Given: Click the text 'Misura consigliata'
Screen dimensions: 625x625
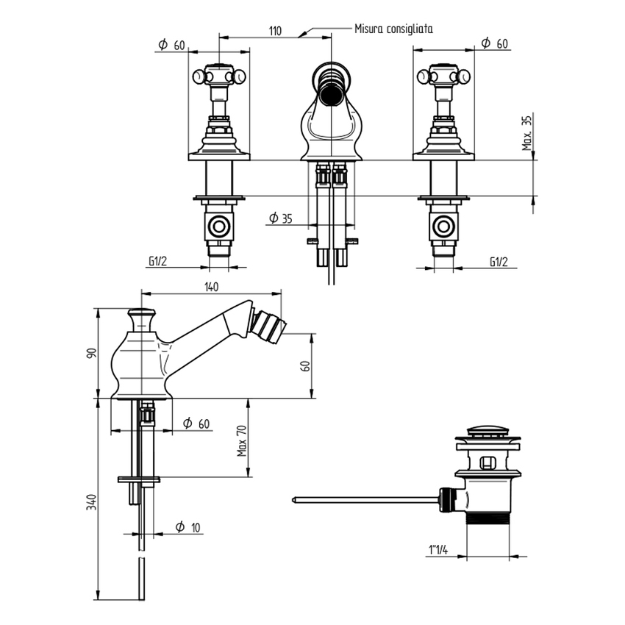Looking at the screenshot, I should [x=393, y=29].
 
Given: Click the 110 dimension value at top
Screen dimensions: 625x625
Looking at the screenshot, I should [x=275, y=30].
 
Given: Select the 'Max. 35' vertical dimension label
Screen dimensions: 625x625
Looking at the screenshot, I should [x=526, y=132].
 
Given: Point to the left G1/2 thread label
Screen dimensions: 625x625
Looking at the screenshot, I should [x=157, y=261].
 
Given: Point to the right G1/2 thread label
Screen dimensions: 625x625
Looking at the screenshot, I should [x=499, y=261].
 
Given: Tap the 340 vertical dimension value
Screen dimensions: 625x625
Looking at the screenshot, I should [x=92, y=502].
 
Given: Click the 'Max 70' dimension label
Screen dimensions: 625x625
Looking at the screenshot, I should [x=240, y=440].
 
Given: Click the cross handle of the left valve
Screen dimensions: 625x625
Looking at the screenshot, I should [x=219, y=76].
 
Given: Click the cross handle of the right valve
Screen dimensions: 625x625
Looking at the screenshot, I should [x=443, y=76].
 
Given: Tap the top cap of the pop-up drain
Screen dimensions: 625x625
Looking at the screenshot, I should [x=488, y=431].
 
